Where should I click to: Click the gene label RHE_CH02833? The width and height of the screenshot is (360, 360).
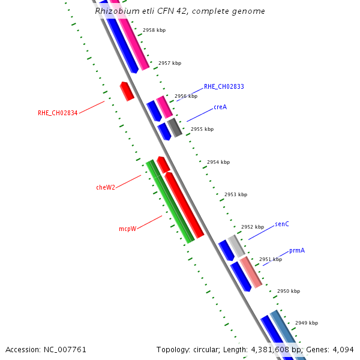point(224,86)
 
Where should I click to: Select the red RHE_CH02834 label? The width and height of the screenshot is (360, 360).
point(58,113)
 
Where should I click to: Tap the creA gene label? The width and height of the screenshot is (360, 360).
point(220,107)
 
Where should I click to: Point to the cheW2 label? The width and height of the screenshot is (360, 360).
point(106,187)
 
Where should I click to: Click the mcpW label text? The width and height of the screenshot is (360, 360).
point(127,229)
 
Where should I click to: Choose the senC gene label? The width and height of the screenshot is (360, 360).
point(282,224)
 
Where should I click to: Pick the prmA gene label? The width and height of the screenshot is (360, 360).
point(297,250)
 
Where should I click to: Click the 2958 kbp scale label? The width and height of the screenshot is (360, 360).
point(154,30)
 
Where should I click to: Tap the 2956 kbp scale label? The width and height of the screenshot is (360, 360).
point(186,96)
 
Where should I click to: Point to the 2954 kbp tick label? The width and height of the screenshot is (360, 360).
point(218,162)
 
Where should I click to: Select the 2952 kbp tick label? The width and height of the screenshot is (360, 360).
point(253,227)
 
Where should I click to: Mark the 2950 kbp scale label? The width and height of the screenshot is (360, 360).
point(289,291)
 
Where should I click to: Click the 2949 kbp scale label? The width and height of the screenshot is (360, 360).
point(307,323)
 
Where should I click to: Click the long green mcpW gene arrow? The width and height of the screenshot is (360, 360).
point(170,202)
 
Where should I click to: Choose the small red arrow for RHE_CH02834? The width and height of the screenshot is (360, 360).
point(127,91)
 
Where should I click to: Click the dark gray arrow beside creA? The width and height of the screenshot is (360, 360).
point(175,127)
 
